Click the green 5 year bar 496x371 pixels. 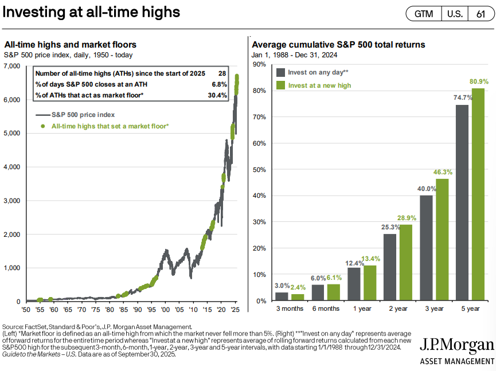click(x=478, y=194)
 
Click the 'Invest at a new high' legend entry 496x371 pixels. click(x=320, y=85)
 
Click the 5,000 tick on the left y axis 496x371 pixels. click(x=12, y=133)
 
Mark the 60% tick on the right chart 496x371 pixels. click(x=259, y=143)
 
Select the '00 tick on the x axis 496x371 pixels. click(x=165, y=310)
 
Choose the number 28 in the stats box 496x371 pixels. click(x=222, y=74)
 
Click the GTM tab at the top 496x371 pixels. click(x=424, y=14)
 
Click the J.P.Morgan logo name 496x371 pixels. click(x=456, y=345)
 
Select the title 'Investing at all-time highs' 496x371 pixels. click(x=91, y=12)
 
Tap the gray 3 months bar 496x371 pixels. click(x=282, y=296)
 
